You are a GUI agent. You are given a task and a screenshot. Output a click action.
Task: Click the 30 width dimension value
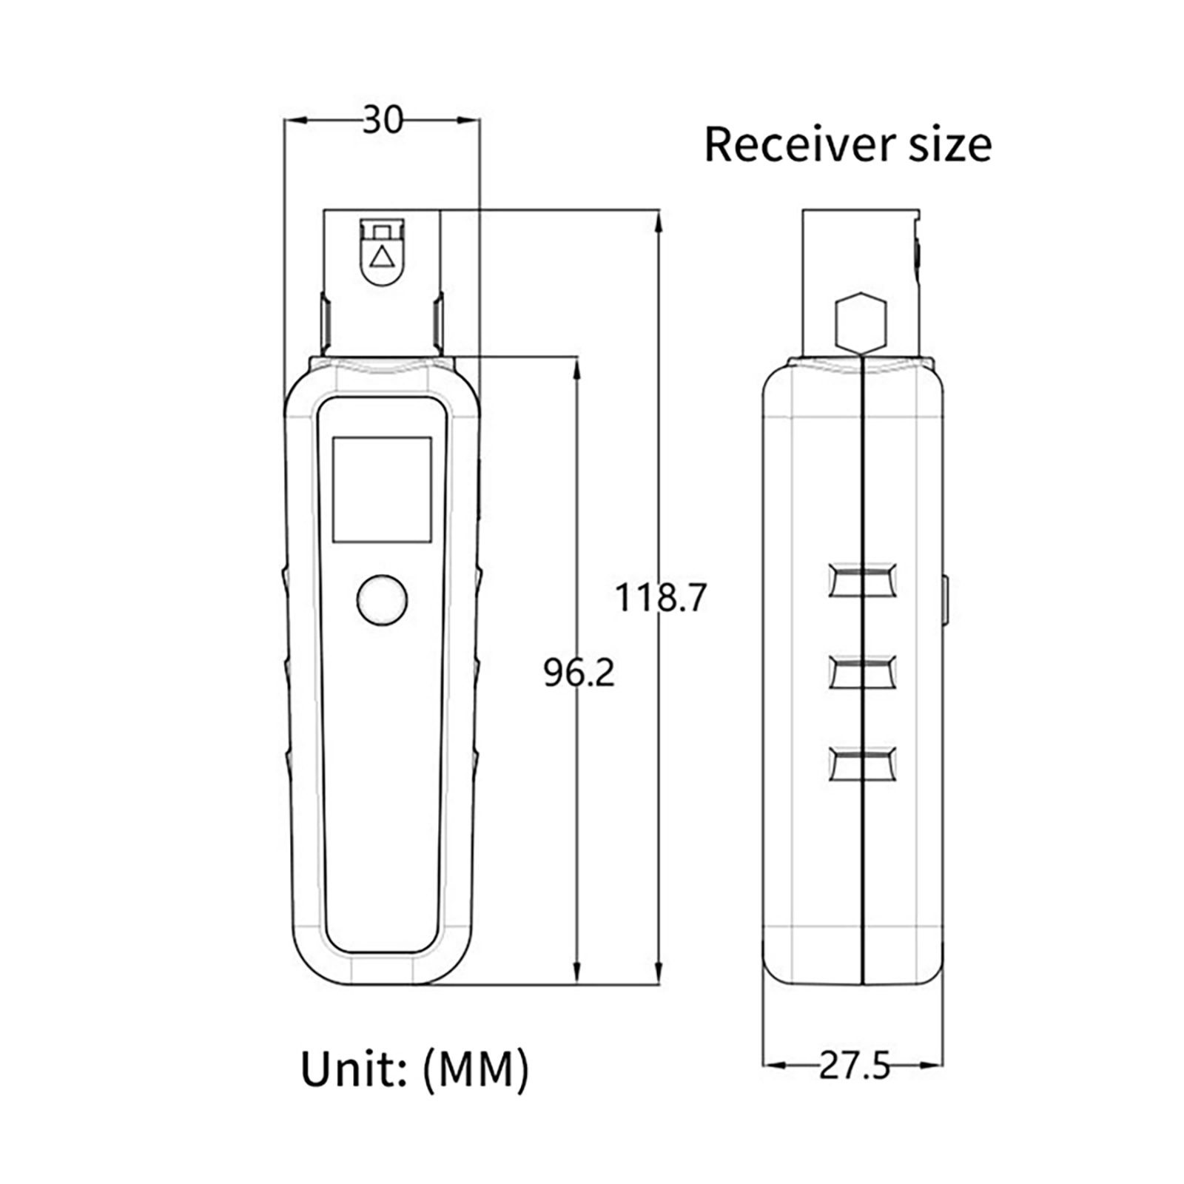point(383,120)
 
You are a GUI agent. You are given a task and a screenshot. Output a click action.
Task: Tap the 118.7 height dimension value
point(661,597)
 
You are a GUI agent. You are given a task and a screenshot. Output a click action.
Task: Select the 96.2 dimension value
point(579,673)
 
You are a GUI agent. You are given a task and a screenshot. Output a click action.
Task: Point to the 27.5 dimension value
point(854,1066)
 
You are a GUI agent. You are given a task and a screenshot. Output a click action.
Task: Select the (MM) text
point(476,1070)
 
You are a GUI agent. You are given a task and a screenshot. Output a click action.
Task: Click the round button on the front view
point(382,599)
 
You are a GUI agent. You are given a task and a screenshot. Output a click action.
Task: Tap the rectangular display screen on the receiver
point(382,489)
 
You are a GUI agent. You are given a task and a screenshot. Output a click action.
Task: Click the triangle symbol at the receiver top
point(382,257)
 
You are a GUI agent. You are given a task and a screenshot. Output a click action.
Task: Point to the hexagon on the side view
point(860,321)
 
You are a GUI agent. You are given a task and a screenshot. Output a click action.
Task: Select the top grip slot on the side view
point(863,580)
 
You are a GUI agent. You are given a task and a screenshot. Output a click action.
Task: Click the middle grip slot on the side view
point(863,672)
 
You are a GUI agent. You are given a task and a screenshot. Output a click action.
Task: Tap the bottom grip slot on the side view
point(863,764)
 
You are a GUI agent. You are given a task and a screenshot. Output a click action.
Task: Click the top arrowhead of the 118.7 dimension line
point(659,221)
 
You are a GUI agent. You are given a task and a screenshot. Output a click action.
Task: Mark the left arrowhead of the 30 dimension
point(297,120)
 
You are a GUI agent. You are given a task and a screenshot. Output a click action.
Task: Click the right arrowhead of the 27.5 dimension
point(931,1066)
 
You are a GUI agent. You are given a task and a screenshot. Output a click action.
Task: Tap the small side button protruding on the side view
point(946,600)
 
